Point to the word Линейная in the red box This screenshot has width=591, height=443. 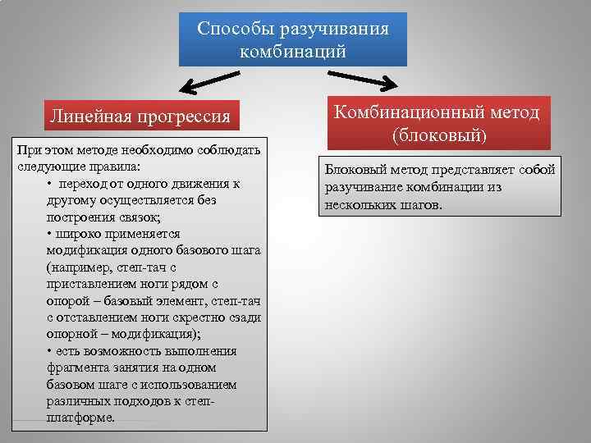pyautogui.click(x=83, y=115)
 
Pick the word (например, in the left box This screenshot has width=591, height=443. pyautogui.click(x=80, y=267)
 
